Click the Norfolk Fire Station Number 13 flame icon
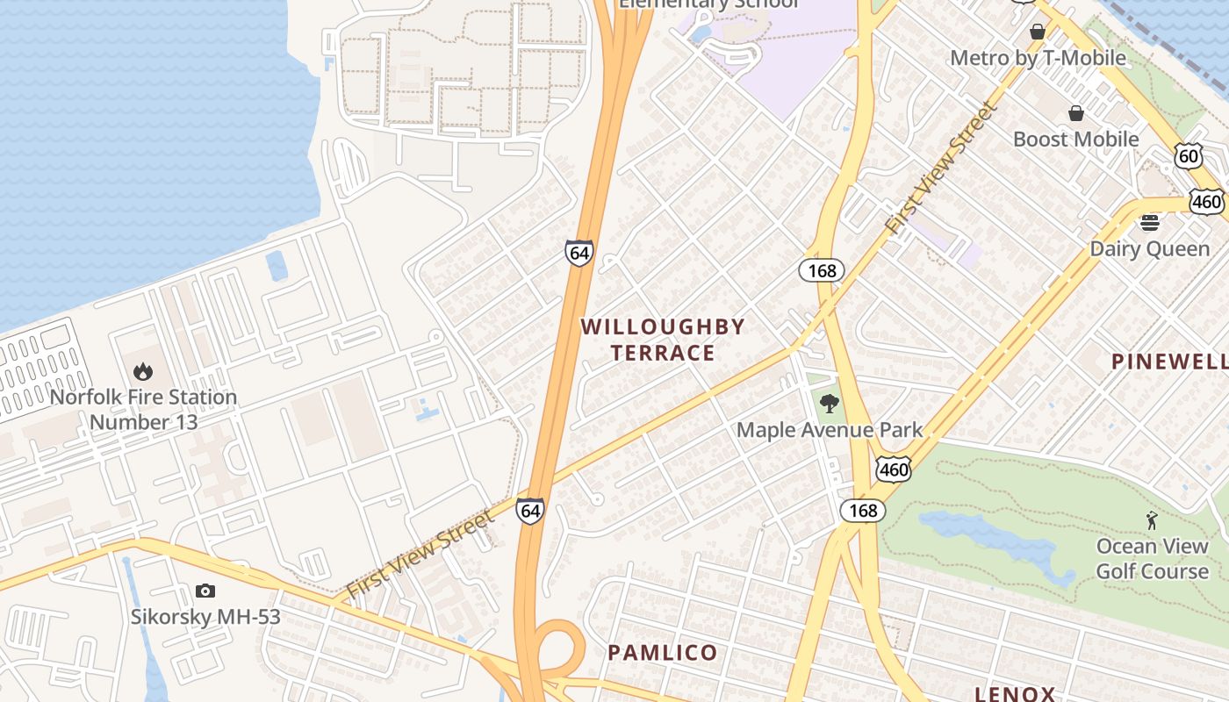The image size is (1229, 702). [142, 372]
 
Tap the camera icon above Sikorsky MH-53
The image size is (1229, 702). [205, 591]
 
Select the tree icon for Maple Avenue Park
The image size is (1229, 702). [829, 404]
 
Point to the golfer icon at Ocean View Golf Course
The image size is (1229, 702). [1152, 520]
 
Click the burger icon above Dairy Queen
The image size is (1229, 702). [1150, 222]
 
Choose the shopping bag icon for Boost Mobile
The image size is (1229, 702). [1075, 113]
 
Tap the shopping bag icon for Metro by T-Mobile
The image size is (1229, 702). [1038, 32]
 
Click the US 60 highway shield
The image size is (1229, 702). [1188, 156]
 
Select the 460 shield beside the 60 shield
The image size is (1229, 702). [1207, 202]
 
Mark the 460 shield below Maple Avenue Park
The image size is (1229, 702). [893, 469]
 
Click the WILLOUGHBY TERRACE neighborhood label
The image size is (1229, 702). [663, 340]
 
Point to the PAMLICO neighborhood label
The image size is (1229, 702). [663, 653]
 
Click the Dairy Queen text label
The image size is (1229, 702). [1149, 249]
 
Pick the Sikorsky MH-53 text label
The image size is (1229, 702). [205, 616]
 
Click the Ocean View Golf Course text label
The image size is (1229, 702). [1152, 559]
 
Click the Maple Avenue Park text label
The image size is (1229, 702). [830, 430]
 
